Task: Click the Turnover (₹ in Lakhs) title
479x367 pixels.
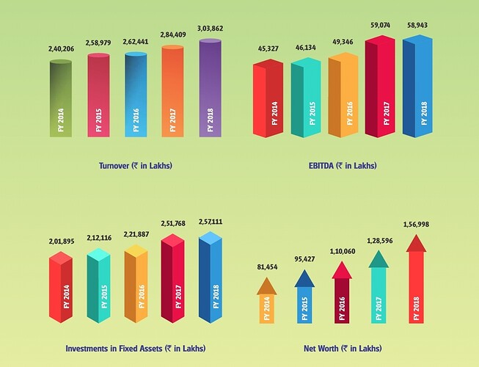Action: [x=135, y=165]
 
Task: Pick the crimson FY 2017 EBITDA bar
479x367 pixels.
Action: [x=379, y=88]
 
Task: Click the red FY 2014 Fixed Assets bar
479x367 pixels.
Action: [x=62, y=290]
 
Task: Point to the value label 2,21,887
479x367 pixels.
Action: [x=136, y=234]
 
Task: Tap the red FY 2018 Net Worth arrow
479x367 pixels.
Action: [x=416, y=283]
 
